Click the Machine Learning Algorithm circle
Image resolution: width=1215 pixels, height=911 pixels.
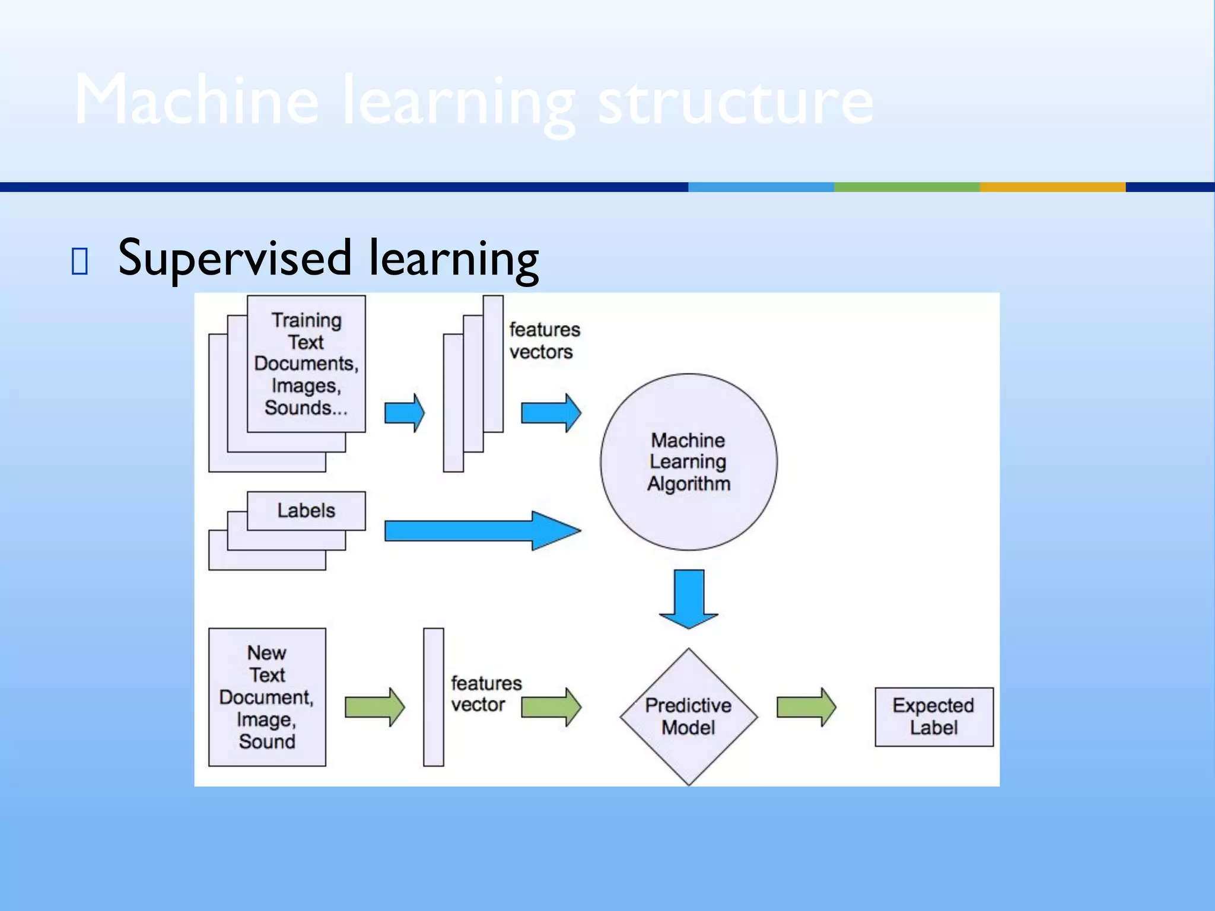[x=688, y=461]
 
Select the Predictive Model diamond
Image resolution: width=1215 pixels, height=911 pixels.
[x=688, y=716]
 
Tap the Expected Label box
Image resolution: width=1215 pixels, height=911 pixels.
[x=934, y=716]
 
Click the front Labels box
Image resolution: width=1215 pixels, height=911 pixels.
[x=306, y=510]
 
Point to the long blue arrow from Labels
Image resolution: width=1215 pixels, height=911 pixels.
[x=481, y=530]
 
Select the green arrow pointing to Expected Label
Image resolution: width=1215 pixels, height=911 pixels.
[x=806, y=707]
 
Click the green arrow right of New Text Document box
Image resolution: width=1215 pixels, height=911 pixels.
[x=374, y=707]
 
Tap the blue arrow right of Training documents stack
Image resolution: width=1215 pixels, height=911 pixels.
[x=404, y=412]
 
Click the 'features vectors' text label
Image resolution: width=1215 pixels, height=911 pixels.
[x=543, y=340]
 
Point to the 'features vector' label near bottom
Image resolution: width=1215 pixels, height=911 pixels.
[x=485, y=694]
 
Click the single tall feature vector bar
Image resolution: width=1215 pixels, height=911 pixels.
[x=434, y=697]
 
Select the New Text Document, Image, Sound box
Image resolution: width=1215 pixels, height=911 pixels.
[x=267, y=697]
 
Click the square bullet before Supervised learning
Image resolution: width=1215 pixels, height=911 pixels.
[x=79, y=261]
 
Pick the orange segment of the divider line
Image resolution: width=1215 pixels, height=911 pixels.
[x=1052, y=187]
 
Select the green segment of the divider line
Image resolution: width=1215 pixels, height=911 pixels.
[x=907, y=187]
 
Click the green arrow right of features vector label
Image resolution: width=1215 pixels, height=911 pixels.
[x=551, y=707]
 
